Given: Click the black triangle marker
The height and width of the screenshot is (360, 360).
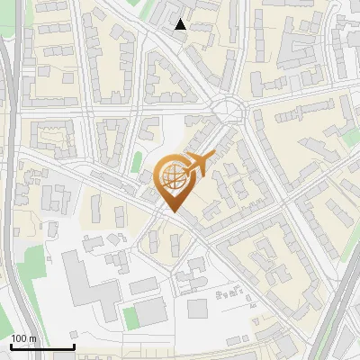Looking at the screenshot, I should [x=181, y=25].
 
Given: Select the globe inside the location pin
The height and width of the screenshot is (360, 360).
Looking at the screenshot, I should [x=172, y=177].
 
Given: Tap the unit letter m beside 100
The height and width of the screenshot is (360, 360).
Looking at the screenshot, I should [x=33, y=338].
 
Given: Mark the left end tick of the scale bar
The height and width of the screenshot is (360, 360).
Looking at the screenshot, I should [x=11, y=346].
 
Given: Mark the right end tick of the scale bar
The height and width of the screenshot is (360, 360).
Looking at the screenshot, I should [x=74, y=346].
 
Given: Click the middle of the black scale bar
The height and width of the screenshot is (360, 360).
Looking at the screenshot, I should [x=42, y=347].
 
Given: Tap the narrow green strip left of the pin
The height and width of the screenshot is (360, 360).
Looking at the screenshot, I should [x=137, y=163].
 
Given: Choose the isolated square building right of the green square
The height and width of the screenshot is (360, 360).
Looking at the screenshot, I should [x=197, y=309].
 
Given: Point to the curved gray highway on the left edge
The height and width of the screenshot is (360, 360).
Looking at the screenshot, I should [x=9, y=180].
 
